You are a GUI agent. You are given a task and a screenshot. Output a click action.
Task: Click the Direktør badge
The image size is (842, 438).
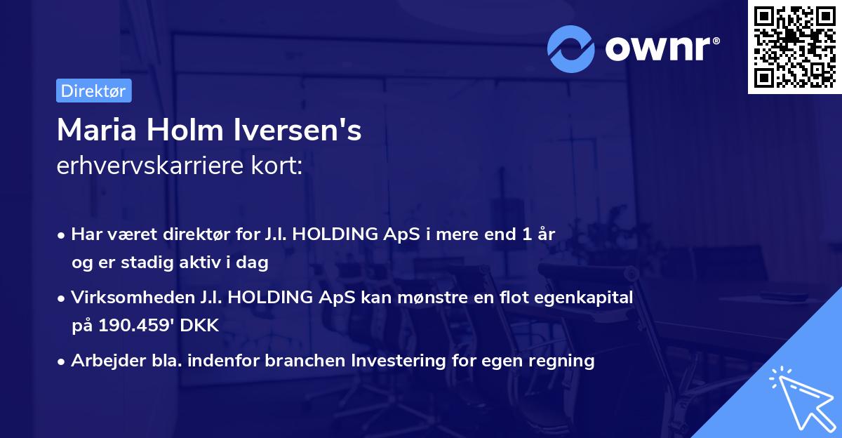pyautogui.click(x=93, y=91)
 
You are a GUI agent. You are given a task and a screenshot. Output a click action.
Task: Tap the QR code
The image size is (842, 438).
pyautogui.click(x=794, y=47)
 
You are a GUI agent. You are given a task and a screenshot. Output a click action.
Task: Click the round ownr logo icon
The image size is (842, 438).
pyautogui.click(x=571, y=48)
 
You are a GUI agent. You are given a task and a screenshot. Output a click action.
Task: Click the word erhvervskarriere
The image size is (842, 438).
pyautogui.click(x=154, y=166)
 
